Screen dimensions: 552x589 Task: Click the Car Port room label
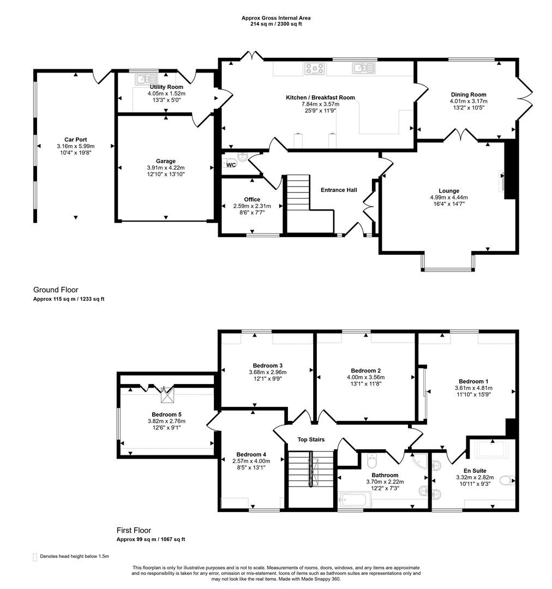[x=75, y=140]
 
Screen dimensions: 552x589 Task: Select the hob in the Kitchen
[x=315, y=68]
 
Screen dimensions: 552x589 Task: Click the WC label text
[x=231, y=165]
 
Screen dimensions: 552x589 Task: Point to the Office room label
[x=252, y=200]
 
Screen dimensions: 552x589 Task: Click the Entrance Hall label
[x=339, y=190]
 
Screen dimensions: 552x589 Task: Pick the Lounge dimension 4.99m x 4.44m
[x=449, y=197]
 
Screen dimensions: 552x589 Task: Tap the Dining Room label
[x=468, y=95]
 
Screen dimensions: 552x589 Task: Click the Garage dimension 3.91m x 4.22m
[x=165, y=168]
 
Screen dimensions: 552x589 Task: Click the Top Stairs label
[x=311, y=440]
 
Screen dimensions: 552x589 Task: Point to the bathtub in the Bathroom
[x=355, y=500]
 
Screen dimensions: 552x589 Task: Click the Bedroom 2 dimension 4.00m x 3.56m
[x=365, y=377]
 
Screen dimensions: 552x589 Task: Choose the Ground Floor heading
[x=56, y=290]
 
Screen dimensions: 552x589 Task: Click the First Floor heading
[x=134, y=531]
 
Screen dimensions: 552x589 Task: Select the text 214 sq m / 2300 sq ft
[x=276, y=24]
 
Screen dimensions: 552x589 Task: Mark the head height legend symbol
[x=35, y=557]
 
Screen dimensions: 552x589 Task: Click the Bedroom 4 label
[x=251, y=454]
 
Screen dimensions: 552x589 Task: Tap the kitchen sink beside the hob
[x=363, y=68]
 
